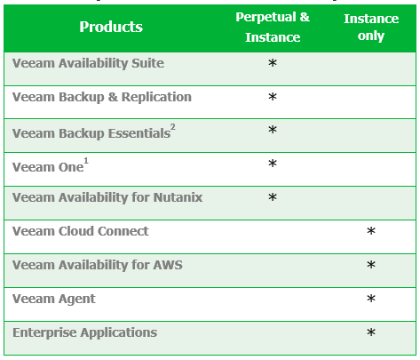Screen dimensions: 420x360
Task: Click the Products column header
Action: click(111, 27)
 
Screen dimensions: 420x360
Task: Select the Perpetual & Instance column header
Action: click(273, 27)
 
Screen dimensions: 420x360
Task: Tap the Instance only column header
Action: click(371, 27)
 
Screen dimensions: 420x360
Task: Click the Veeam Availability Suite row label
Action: click(88, 63)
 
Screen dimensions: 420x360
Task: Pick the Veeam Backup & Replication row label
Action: click(102, 97)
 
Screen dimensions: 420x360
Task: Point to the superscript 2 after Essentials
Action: click(173, 127)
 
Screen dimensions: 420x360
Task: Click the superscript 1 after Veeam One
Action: click(86, 161)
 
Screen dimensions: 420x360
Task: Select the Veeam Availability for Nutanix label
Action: click(107, 197)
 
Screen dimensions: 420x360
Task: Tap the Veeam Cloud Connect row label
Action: click(81, 231)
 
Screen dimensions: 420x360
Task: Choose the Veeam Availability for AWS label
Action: click(98, 265)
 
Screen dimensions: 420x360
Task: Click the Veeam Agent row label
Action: click(54, 299)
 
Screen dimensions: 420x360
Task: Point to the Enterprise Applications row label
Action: click(84, 332)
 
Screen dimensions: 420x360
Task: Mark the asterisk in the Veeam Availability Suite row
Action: click(273, 63)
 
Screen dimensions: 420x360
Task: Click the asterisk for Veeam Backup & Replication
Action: click(273, 97)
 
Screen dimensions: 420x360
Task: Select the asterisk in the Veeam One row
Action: click(273, 164)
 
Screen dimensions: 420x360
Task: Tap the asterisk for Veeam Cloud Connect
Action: click(371, 231)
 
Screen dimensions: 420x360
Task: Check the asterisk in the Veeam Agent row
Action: click(371, 299)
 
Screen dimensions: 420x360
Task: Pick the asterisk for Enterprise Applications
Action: click(371, 332)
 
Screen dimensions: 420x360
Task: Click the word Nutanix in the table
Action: click(178, 197)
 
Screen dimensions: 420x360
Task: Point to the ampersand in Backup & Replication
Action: click(113, 97)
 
